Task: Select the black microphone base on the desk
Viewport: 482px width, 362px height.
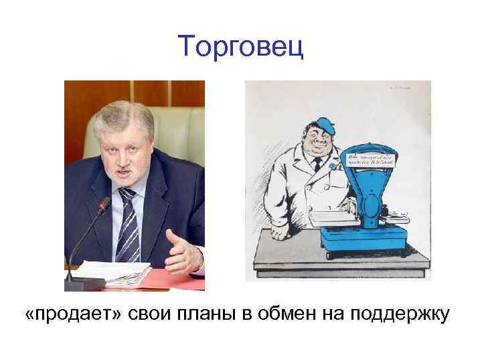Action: (x=85, y=284)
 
